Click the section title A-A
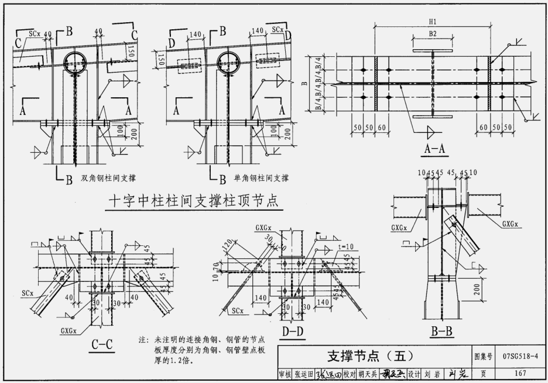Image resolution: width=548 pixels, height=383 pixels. click(435, 151)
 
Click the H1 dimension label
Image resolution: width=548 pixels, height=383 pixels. click(433, 22)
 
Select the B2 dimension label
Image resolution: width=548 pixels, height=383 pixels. click(433, 34)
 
